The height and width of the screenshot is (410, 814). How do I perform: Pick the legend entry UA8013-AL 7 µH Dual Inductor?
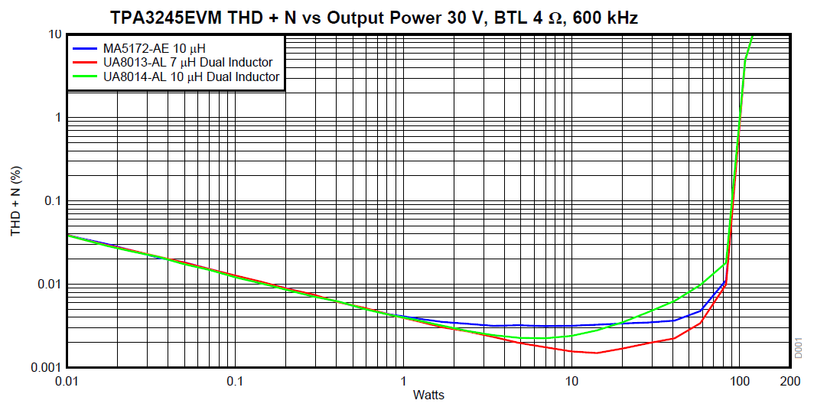pos(187,62)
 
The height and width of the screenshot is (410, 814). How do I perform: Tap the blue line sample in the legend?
pos(84,47)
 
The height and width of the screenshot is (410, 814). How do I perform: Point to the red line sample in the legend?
pos(84,62)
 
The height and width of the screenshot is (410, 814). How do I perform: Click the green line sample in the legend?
pos(84,76)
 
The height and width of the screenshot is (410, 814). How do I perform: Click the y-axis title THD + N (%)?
pos(15,200)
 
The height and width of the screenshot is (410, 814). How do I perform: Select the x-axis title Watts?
pos(428,395)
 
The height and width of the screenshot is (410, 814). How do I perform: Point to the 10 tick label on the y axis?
pos(54,34)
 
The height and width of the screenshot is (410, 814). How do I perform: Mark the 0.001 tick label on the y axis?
pos(45,368)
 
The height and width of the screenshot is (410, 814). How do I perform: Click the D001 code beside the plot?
pos(798,348)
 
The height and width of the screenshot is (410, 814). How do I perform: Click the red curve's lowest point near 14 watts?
pos(596,353)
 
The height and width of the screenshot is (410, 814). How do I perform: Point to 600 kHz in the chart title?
pos(604,18)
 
